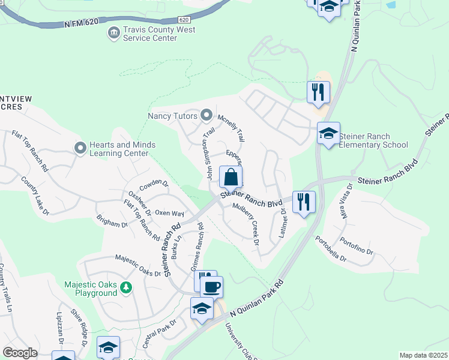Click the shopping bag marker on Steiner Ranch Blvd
(231, 178)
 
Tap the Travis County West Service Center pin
(112, 32)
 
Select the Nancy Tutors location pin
(206, 114)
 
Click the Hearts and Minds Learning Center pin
(80, 147)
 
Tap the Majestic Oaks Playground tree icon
(125, 288)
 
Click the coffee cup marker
(211, 287)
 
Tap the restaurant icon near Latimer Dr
(304, 202)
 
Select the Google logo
(20, 352)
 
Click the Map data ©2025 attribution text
(423, 355)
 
